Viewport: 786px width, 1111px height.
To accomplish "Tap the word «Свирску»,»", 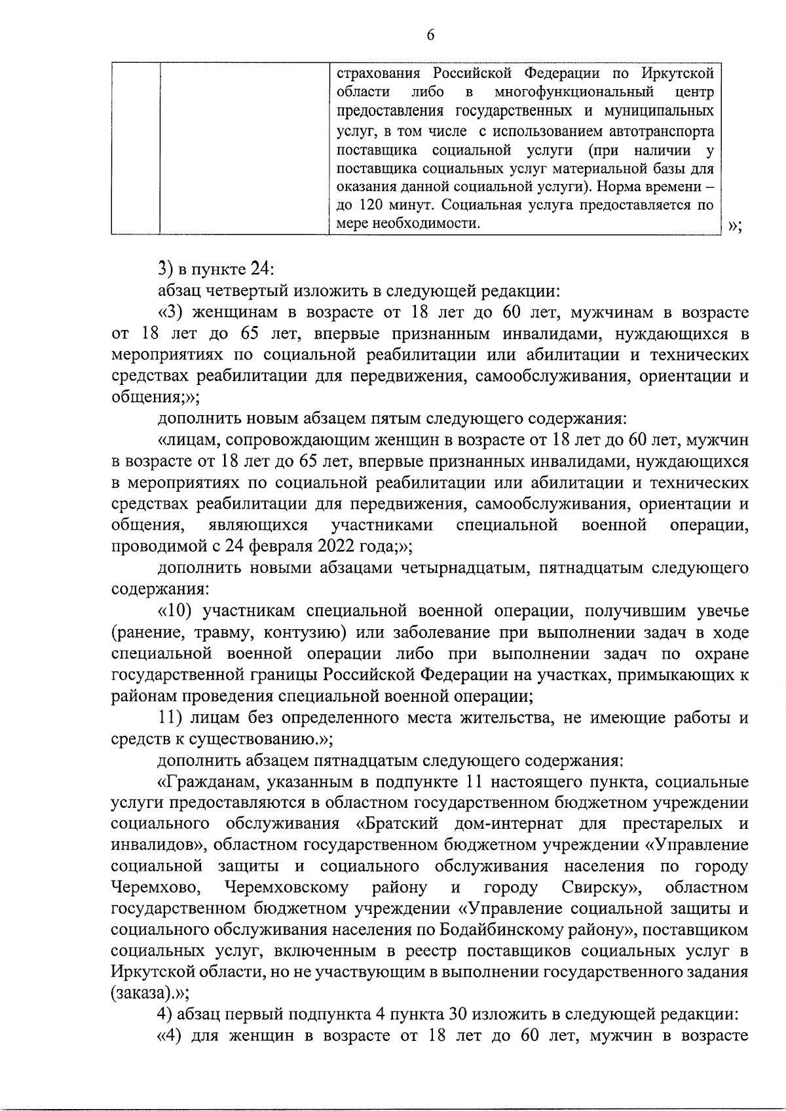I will [601, 888].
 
